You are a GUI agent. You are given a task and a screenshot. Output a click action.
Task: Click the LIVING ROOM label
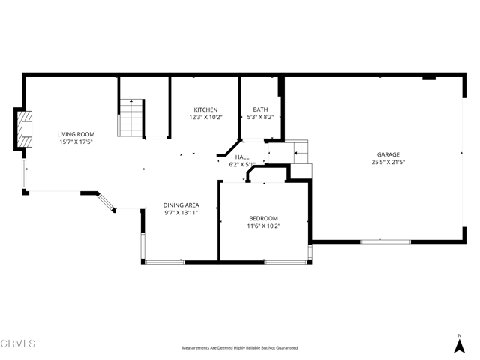[x=76, y=134]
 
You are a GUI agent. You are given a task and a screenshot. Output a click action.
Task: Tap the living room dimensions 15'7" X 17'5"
[x=76, y=142]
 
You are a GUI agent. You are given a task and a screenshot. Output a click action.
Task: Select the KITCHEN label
[x=205, y=109]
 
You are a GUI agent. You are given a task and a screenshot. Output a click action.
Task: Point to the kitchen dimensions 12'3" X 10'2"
[x=205, y=118]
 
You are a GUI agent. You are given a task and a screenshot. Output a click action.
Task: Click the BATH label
[x=260, y=109]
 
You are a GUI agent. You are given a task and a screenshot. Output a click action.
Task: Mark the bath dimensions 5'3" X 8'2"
[x=260, y=118]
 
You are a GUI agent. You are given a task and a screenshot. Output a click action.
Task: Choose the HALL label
[x=242, y=157]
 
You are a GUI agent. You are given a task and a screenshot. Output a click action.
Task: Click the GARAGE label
[x=388, y=154]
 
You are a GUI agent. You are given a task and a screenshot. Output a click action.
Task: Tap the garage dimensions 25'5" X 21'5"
[x=388, y=163]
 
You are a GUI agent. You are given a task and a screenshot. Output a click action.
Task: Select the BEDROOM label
[x=263, y=218]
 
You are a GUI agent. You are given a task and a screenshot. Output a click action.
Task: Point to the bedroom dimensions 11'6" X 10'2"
[x=263, y=226]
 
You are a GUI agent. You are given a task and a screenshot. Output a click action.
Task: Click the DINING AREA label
[x=181, y=205]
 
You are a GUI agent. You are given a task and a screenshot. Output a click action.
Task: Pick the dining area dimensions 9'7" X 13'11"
[x=181, y=213]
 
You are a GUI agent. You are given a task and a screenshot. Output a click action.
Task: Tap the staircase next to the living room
[x=131, y=118]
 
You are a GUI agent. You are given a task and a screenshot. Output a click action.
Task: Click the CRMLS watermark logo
[x=18, y=343]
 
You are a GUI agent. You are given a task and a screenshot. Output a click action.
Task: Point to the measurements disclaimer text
[x=240, y=348]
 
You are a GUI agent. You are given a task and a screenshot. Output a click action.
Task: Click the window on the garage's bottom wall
[x=385, y=241]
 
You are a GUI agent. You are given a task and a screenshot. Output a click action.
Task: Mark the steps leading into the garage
[x=300, y=154]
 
